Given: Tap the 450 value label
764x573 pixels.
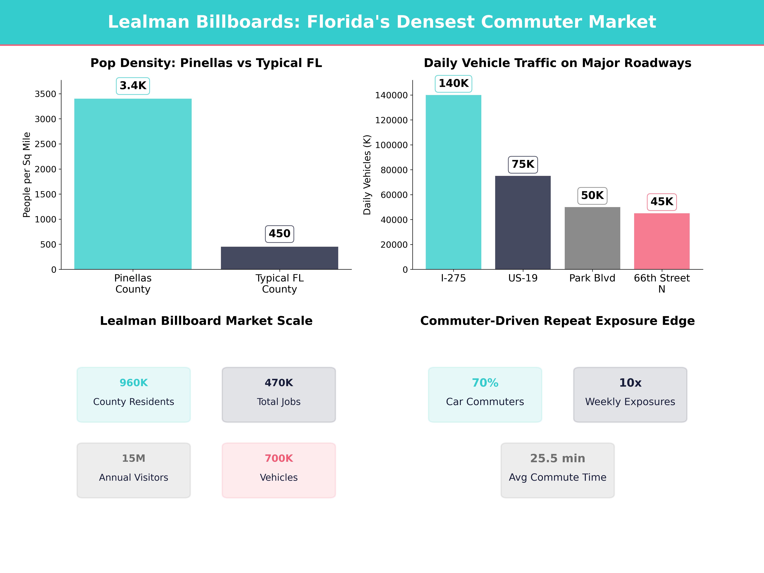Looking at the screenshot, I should (279, 234).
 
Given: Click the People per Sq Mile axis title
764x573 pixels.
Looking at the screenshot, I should (27, 175).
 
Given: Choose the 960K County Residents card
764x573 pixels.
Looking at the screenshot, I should (134, 394).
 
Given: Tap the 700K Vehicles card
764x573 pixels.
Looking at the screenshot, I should (279, 470).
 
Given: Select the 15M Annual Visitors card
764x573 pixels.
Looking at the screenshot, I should (134, 470).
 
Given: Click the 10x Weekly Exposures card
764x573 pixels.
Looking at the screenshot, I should (630, 394).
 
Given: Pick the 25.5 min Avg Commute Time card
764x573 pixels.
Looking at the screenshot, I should (557, 470).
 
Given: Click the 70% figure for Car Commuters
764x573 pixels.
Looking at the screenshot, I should (485, 383).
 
